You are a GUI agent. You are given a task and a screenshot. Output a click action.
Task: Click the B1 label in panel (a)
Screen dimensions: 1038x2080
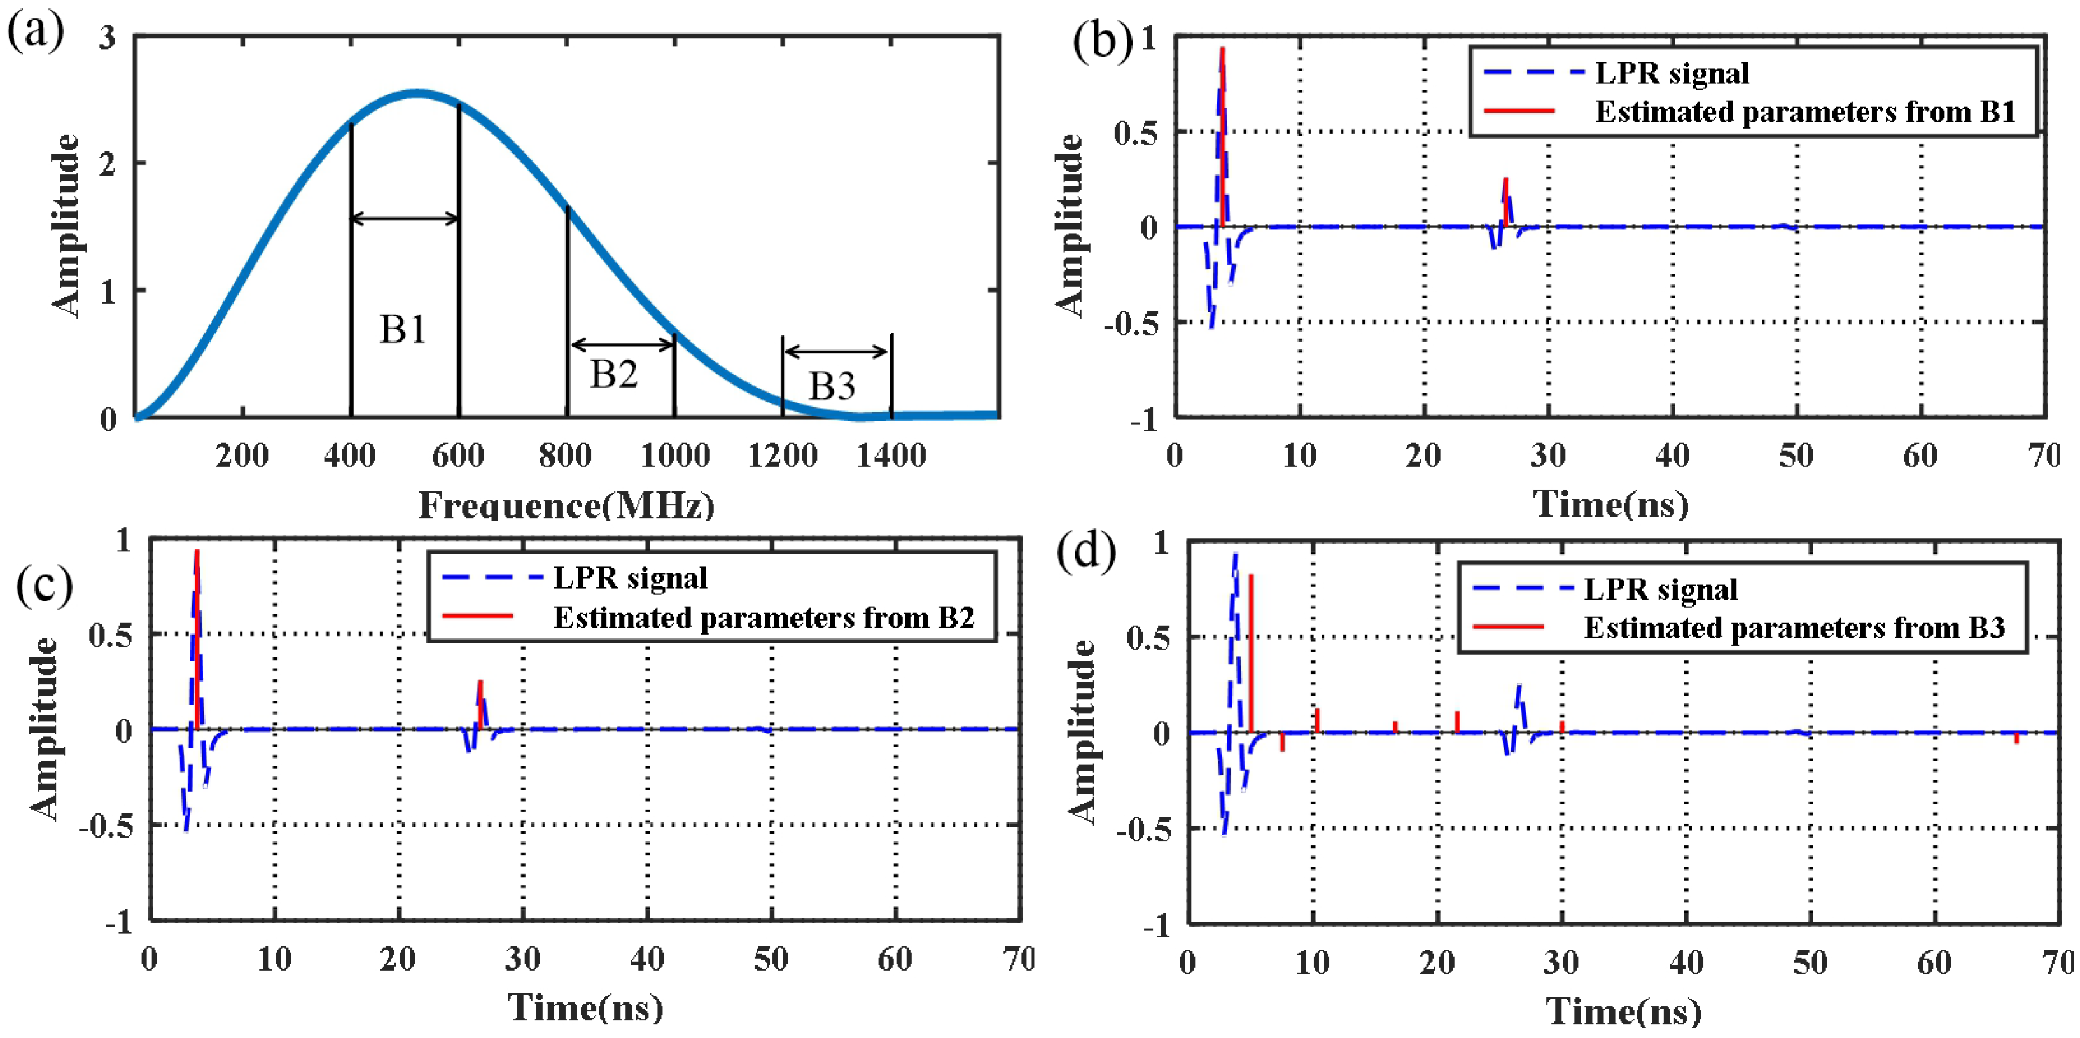pos(403,330)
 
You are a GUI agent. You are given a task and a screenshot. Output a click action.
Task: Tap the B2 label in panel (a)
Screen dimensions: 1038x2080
pos(613,374)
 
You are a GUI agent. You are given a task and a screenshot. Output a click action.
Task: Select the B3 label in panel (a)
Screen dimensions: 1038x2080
pos(832,386)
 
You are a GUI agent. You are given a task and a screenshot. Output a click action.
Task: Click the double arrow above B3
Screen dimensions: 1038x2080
pos(837,351)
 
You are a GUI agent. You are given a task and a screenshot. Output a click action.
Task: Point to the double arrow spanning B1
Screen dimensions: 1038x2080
pos(405,218)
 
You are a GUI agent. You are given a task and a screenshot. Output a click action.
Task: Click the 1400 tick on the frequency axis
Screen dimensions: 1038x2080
pos(891,456)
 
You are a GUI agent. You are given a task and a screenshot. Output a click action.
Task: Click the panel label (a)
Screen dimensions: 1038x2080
pos(35,33)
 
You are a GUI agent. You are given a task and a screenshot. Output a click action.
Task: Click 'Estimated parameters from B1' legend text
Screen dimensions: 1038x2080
pos(1806,112)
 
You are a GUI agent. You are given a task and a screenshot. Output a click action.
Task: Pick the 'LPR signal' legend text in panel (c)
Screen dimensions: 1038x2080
pos(630,579)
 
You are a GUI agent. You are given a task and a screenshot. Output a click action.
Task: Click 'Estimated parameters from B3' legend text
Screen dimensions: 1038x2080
pos(1794,628)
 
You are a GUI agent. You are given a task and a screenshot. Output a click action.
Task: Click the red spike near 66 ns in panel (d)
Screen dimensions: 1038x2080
pos(2016,738)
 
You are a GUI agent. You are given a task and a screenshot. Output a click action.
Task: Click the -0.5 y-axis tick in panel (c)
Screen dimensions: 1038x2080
pos(106,826)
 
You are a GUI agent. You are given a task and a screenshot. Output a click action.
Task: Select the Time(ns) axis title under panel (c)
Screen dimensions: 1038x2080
pos(585,1007)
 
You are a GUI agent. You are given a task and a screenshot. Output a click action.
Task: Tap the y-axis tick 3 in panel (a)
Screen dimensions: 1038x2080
pos(108,38)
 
